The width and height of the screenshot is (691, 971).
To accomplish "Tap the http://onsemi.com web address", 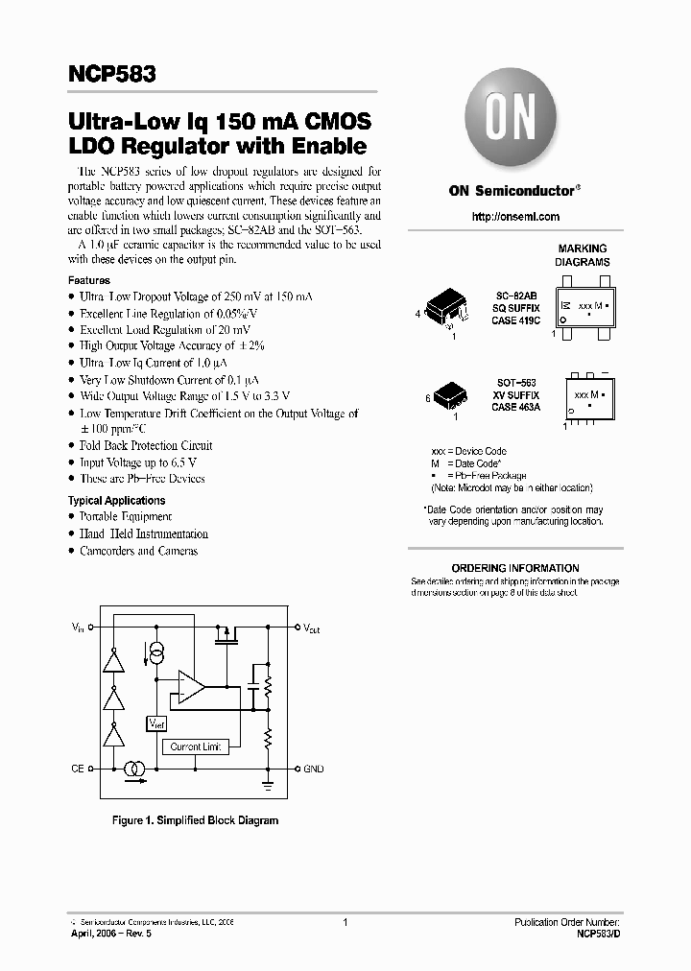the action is click(515, 217).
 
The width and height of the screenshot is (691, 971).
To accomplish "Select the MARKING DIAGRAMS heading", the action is click(583, 255).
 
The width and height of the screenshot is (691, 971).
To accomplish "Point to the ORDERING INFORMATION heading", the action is click(515, 568).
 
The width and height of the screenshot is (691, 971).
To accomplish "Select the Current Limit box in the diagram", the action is click(196, 746).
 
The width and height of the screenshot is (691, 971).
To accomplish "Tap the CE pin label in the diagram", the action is click(78, 769).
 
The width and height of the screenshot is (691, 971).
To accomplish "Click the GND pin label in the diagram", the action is click(314, 769).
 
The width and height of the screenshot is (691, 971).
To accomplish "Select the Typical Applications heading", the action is click(116, 501).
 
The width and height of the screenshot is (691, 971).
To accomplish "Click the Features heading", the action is click(88, 280).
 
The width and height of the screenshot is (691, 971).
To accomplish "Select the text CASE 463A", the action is click(516, 406).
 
